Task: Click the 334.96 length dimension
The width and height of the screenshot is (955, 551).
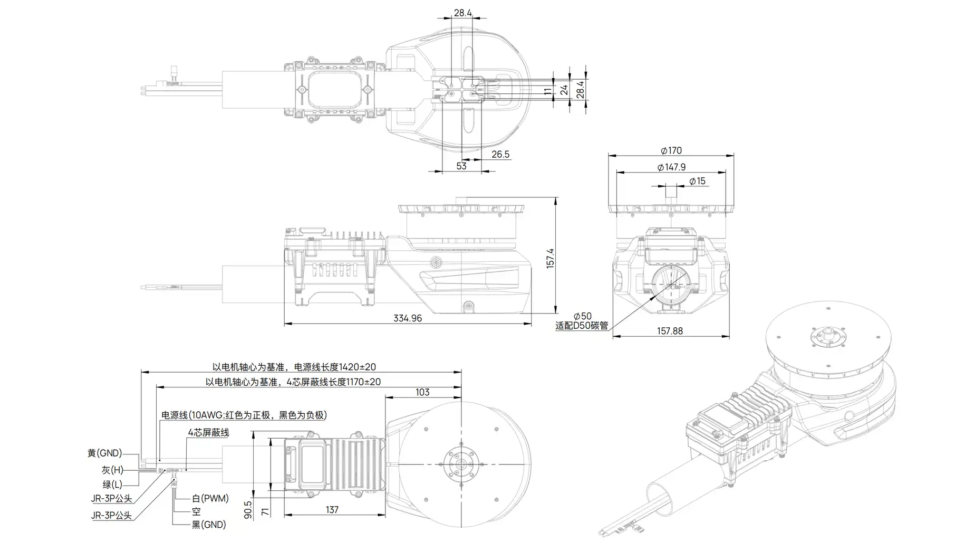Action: (x=407, y=318)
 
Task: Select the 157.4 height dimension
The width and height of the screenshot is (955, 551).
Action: (x=550, y=259)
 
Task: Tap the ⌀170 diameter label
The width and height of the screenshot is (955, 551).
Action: (x=671, y=150)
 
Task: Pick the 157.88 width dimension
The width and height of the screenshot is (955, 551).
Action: (x=670, y=331)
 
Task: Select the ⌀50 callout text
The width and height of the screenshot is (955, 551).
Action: (x=582, y=316)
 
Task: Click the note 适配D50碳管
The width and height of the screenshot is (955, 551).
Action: (x=582, y=326)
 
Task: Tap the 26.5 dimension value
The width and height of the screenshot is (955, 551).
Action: (x=500, y=154)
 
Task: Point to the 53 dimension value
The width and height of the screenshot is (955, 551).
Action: (x=461, y=166)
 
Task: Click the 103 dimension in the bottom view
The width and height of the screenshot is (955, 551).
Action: (x=422, y=392)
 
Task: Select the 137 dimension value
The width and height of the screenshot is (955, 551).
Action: (x=332, y=510)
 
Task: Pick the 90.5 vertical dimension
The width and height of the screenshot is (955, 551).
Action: (x=248, y=510)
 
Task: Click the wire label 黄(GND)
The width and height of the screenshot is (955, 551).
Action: (x=104, y=453)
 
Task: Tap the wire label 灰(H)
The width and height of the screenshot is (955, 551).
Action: (x=112, y=470)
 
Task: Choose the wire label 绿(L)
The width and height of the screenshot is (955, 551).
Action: (x=112, y=484)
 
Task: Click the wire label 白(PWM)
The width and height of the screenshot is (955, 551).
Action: (x=210, y=498)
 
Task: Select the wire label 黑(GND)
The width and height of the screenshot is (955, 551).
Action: (x=208, y=525)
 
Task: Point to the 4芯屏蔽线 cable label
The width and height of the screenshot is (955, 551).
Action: (x=208, y=433)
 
